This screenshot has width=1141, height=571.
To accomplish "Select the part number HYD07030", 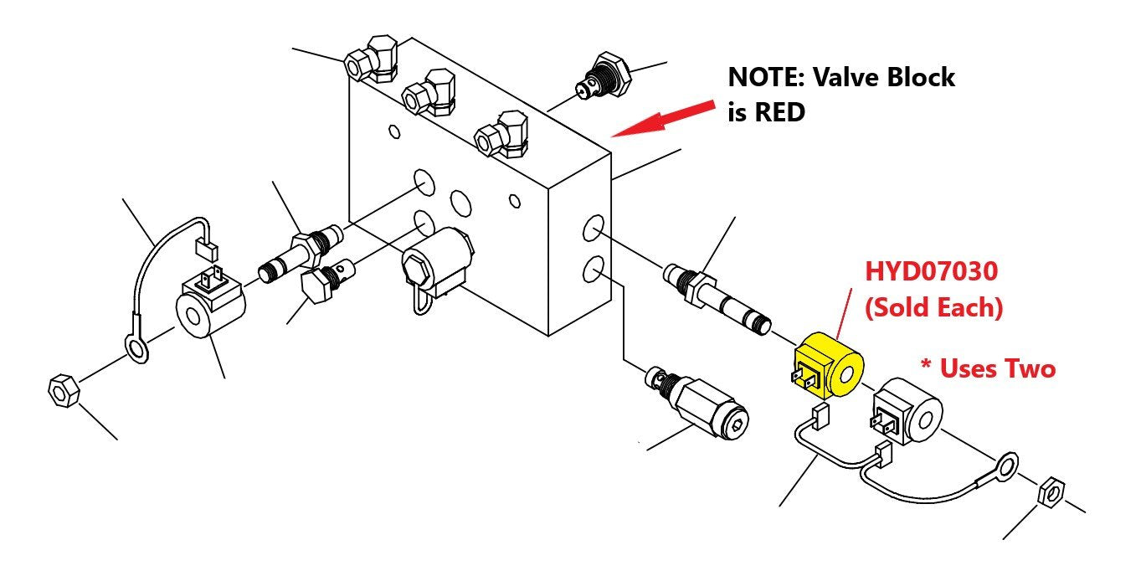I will pyautogui.click(x=931, y=272).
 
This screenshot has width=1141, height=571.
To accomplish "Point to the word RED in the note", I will pyautogui.click(x=782, y=113).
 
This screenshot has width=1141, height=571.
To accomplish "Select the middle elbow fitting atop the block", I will pyautogui.click(x=429, y=91).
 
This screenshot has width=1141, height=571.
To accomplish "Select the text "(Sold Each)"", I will pyautogui.click(x=933, y=307).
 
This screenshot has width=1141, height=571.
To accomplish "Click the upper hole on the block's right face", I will pyautogui.click(x=594, y=228).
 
